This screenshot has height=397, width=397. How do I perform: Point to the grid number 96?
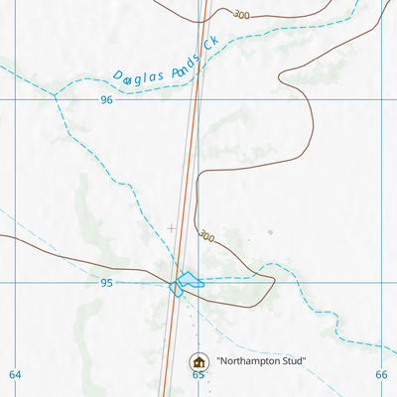[x=106, y=100]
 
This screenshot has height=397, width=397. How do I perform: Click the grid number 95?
[x=106, y=283]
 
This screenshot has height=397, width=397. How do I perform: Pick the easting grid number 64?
[x=14, y=374]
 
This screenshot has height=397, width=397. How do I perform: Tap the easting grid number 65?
[x=198, y=375]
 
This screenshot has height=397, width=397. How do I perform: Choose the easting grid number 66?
[x=382, y=374]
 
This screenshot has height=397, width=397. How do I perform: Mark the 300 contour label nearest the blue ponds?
[x=205, y=236]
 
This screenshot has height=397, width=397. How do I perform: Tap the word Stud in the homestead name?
[x=295, y=361]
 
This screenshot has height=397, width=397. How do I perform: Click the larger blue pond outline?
[x=190, y=280]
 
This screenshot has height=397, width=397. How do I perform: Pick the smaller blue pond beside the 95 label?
[x=176, y=288]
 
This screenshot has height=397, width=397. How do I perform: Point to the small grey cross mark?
[x=171, y=228]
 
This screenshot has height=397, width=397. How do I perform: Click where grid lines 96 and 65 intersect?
[x=198, y=100]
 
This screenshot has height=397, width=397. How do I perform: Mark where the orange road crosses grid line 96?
[x=190, y=100]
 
